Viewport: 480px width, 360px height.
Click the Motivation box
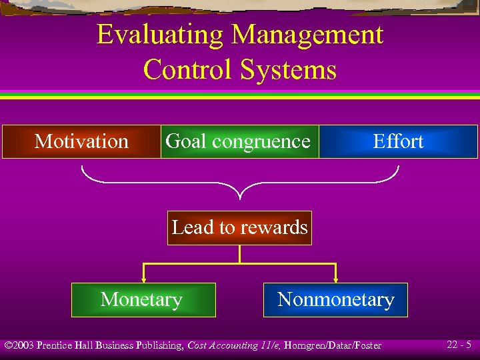81,141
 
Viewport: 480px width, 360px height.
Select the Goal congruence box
239,141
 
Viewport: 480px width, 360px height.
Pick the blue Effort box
398,141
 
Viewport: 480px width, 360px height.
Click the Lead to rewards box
239,227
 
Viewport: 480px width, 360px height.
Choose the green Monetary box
141,300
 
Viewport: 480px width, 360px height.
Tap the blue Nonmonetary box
335,300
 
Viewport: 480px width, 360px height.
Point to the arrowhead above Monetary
143,279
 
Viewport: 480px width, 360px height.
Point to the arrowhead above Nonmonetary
336,279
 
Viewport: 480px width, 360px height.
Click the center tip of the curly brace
240,197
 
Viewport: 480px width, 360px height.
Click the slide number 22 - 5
459,345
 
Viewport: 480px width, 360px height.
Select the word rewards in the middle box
275,227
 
